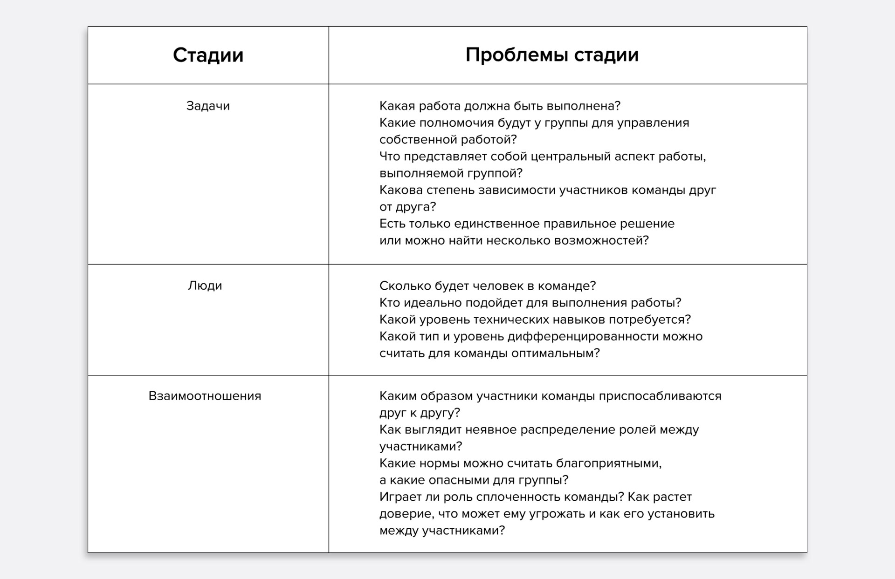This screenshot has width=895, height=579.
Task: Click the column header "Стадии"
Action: [208, 55]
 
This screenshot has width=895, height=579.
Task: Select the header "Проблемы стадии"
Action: [552, 55]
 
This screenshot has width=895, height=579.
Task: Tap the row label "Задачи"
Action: [208, 106]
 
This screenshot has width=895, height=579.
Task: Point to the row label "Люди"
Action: [205, 286]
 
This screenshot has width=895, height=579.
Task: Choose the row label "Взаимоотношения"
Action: [205, 396]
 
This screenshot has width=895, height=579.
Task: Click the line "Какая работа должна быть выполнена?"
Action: [500, 106]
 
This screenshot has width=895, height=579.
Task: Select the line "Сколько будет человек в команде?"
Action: [488, 286]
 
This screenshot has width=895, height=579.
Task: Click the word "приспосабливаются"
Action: [660, 396]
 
